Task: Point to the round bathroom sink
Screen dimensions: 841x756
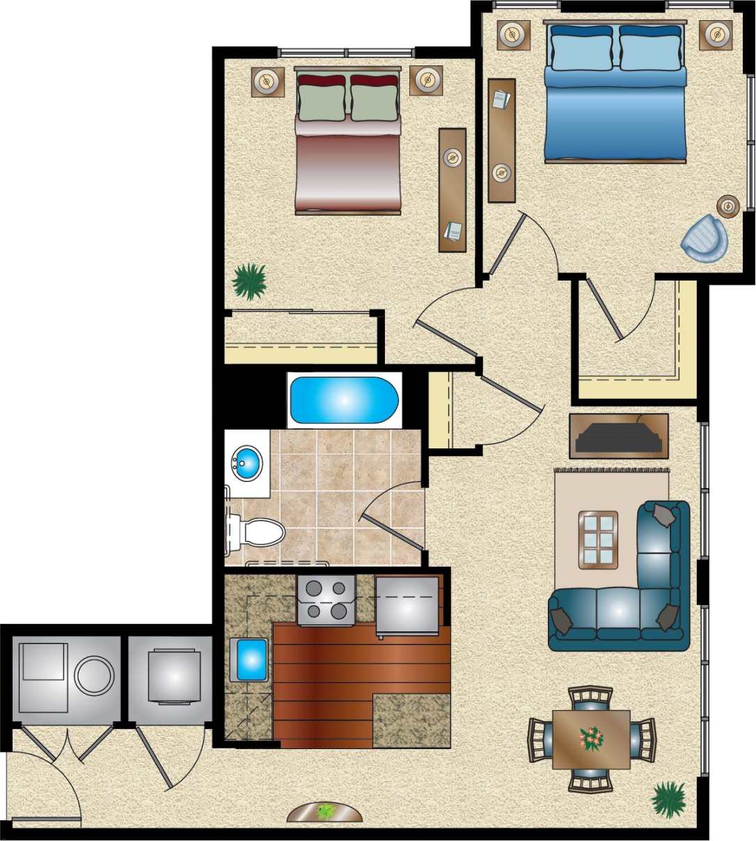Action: (x=246, y=462)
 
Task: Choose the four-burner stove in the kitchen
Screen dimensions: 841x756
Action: (x=326, y=600)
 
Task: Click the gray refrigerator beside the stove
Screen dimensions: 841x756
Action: (x=407, y=606)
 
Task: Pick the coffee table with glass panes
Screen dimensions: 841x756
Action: (x=598, y=540)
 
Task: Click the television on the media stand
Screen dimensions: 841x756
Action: (x=619, y=438)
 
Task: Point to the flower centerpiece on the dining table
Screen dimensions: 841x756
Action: (x=591, y=738)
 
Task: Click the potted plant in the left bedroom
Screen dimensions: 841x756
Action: (x=249, y=281)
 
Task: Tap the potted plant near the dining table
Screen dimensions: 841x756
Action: (x=669, y=798)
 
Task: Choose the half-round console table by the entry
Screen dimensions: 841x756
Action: (x=325, y=812)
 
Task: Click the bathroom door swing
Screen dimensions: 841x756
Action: (x=391, y=515)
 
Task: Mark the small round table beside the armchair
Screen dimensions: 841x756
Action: (x=728, y=205)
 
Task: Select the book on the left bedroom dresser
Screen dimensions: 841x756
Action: (x=453, y=230)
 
